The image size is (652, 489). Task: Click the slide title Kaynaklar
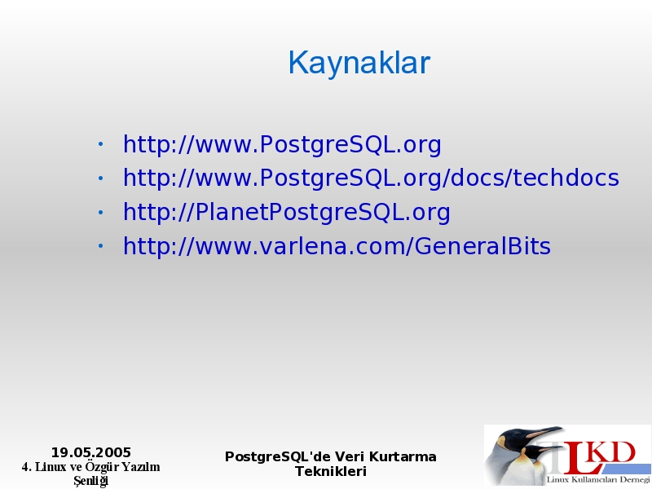tap(359, 63)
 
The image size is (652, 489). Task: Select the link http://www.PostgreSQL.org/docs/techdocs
tap(371, 178)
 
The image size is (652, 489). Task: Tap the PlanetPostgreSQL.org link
tap(287, 212)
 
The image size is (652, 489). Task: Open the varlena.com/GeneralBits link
tap(337, 246)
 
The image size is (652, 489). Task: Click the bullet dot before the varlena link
tap(100, 246)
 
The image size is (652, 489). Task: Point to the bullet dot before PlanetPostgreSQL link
tap(100, 212)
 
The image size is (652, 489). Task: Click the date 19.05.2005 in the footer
tap(91, 452)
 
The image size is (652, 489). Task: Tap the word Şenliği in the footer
tap(91, 481)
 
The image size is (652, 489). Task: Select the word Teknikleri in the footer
tap(331, 472)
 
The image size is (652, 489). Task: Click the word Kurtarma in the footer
tap(403, 456)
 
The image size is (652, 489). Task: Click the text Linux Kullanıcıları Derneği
tap(598, 479)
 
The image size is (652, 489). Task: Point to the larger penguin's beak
tap(547, 432)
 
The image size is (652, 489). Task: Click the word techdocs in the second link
tap(566, 178)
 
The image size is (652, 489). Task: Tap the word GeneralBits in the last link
tap(482, 246)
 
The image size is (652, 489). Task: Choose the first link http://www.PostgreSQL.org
tap(282, 144)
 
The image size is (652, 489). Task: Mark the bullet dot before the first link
tap(100, 144)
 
